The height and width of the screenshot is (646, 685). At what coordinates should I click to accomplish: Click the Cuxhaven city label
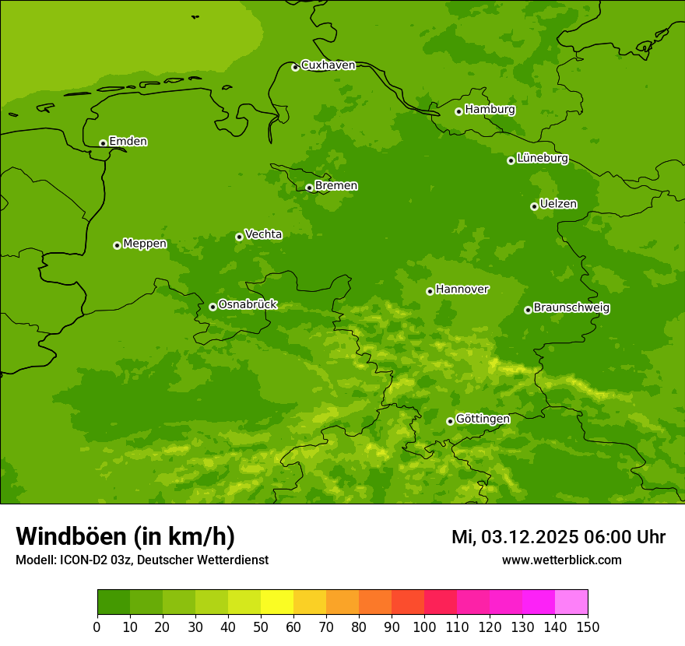tap(328, 65)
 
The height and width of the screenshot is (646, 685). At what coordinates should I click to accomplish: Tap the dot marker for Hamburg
tap(459, 111)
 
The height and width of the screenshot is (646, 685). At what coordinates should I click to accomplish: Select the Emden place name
tap(128, 142)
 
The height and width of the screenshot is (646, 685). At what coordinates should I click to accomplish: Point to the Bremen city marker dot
tap(309, 188)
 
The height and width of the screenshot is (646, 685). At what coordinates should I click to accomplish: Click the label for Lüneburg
tap(542, 158)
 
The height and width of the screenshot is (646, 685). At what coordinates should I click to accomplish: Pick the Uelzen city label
tap(558, 204)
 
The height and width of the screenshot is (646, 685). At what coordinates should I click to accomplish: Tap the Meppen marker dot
tap(117, 245)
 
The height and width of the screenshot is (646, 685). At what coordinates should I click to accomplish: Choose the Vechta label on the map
tap(263, 234)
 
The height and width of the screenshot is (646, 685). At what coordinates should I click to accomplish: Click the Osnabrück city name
tap(248, 304)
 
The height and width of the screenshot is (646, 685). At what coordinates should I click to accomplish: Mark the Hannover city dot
tap(430, 291)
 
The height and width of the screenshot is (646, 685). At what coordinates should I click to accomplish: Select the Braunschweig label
tap(571, 308)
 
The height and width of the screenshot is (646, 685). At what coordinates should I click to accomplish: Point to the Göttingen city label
tap(483, 419)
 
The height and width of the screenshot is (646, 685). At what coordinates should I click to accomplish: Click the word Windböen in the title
tap(71, 536)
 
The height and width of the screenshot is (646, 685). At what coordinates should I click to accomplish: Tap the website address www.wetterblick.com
tap(561, 560)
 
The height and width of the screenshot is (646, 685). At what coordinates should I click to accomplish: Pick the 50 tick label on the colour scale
tap(261, 627)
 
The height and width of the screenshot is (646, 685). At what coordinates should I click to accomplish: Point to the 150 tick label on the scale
tap(588, 627)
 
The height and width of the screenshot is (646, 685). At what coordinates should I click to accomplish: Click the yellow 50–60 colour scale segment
tap(277, 602)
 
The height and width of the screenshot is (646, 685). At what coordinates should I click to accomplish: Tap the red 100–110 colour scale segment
tap(441, 602)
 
